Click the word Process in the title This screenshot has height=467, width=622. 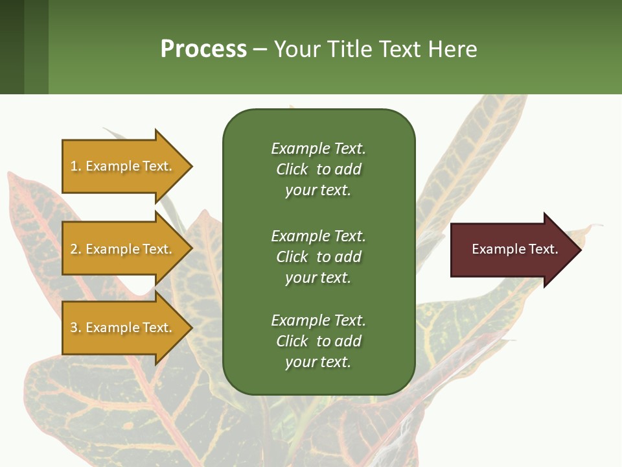click(203, 49)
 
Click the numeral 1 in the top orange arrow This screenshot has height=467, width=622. click(74, 166)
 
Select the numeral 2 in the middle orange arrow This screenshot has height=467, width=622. click(74, 249)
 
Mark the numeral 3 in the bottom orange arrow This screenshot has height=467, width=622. click(74, 328)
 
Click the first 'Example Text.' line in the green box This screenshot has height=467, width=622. click(318, 149)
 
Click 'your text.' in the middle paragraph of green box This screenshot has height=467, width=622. click(318, 278)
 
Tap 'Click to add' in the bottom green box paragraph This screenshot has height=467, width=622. click(318, 341)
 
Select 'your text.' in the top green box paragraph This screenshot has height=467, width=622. click(318, 190)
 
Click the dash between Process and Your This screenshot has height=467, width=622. click(260, 49)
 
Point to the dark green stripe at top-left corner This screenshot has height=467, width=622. click(12, 47)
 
